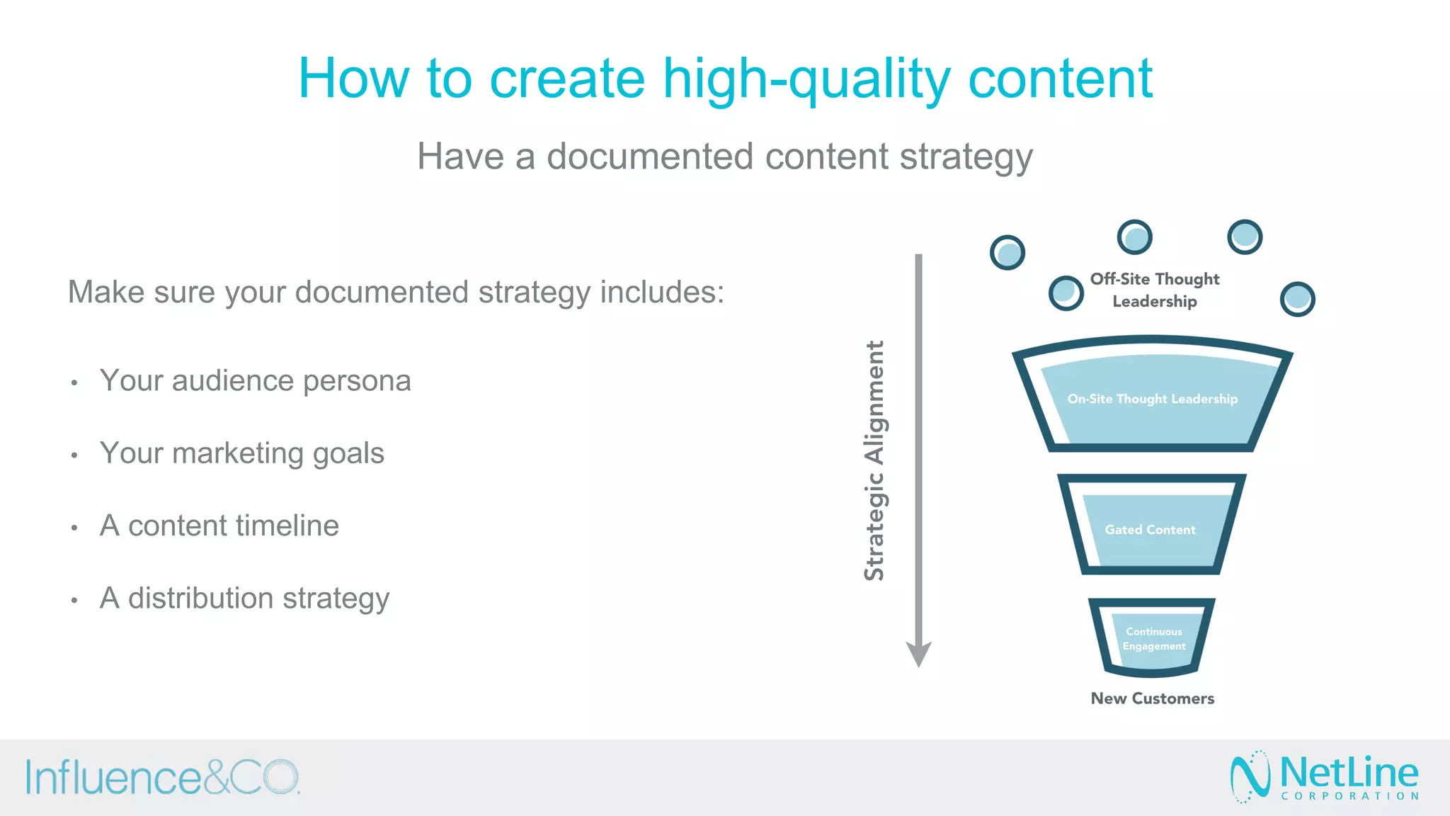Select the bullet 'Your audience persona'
tap(255, 381)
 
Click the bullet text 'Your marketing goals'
tap(241, 453)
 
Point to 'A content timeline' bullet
tap(219, 526)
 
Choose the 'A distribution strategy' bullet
tap(244, 599)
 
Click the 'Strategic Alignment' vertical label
tap(875, 460)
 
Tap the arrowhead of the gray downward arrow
tap(918, 654)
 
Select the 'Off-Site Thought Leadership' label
tap(1155, 290)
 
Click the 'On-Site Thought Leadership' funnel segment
tap(1152, 399)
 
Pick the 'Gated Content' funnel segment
tap(1150, 530)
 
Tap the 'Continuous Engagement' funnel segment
tap(1153, 639)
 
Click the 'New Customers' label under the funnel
tap(1152, 698)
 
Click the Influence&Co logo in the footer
tap(163, 778)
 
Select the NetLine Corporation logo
tap(1325, 777)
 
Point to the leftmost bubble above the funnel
tap(1007, 252)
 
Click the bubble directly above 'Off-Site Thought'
tap(1134, 237)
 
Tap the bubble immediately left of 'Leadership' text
tap(1066, 293)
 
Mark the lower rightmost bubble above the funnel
tap(1297, 299)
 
